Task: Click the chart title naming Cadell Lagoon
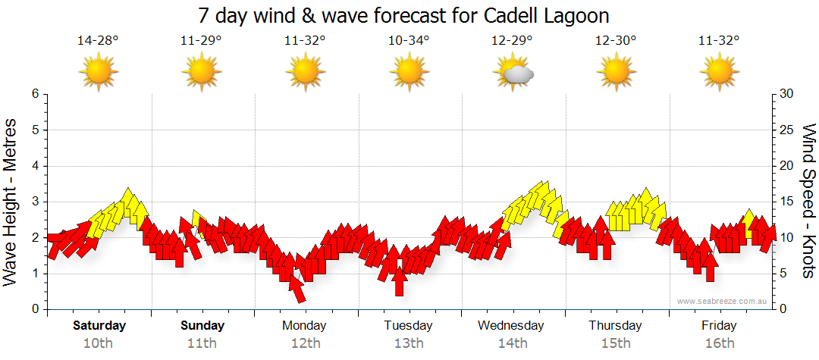pos(403,16)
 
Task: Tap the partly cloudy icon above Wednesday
pos(513,73)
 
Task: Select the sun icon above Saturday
pos(99,73)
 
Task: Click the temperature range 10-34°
pos(409,40)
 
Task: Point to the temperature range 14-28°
pos(98,40)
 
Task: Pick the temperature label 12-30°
pos(616,40)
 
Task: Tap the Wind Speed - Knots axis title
pos(807,201)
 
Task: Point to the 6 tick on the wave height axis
pos(35,94)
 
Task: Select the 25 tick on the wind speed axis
pos(788,130)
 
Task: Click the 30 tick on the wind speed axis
pos(788,94)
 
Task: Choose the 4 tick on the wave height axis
pos(35,166)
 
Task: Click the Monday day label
pos(304,326)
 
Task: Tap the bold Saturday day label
pos(99,326)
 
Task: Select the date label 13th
pos(409,343)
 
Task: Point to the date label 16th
pos(719,343)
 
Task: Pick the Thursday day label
pos(615,326)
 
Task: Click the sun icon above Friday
pos(719,73)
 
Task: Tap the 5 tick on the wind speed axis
pos(785,274)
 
